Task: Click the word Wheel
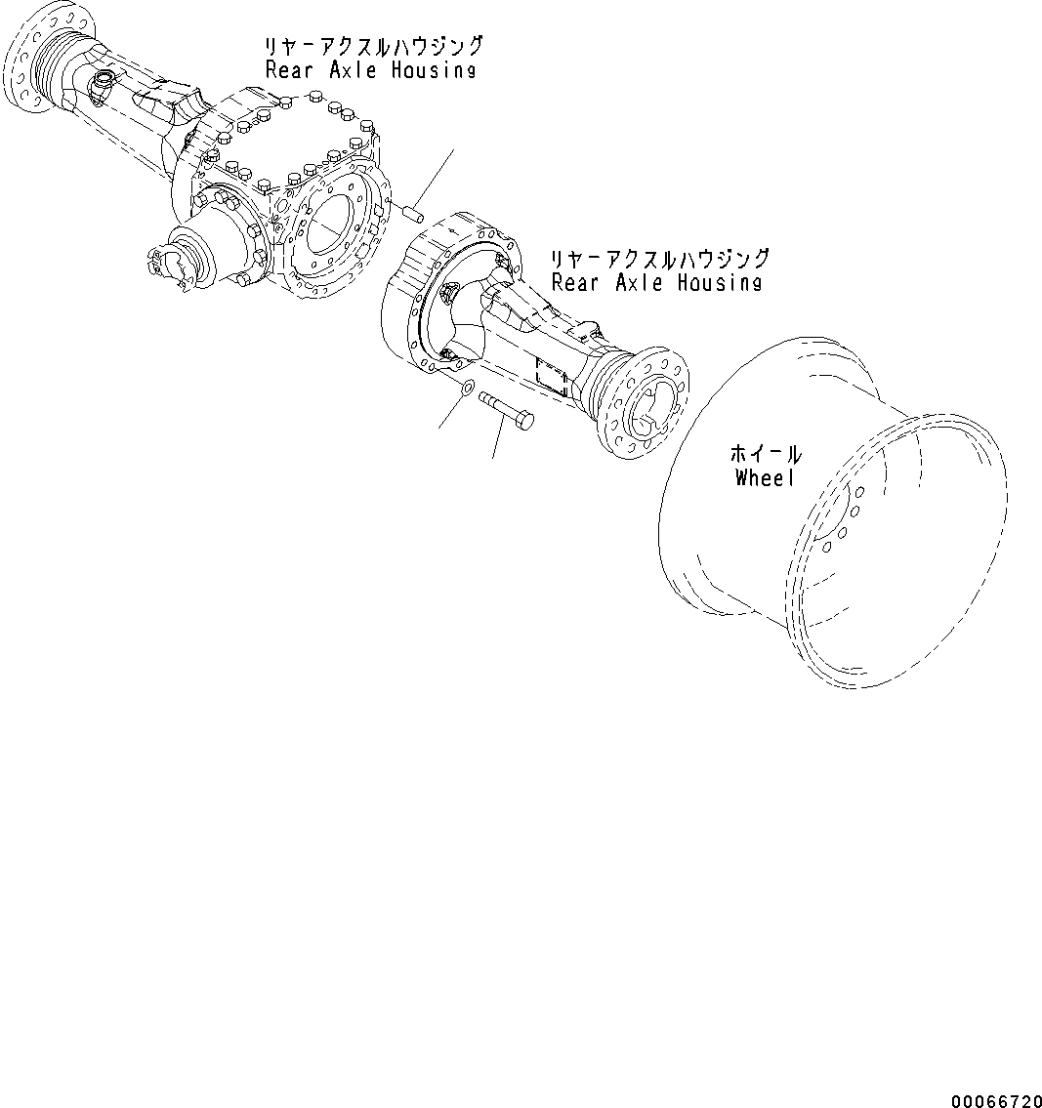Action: point(765,477)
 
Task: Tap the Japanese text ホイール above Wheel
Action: point(766,454)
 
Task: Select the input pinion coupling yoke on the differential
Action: point(171,267)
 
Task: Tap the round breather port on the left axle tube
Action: point(102,83)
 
